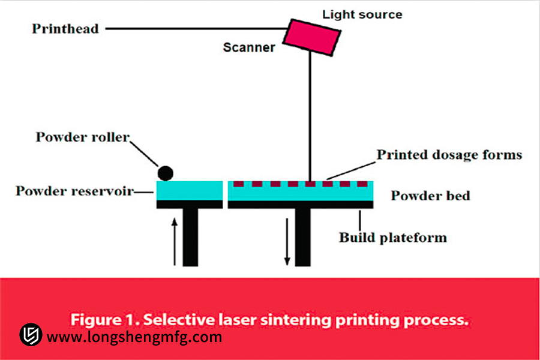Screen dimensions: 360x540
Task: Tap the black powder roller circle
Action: click(165, 173)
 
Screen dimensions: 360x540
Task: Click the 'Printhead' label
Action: click(65, 28)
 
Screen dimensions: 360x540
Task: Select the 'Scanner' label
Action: click(249, 47)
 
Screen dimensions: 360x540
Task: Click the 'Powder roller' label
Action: click(82, 137)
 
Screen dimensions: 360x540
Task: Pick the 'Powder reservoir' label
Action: click(74, 191)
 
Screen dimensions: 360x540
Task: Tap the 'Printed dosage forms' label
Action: click(449, 155)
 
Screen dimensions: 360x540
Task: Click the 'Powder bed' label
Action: click(430, 196)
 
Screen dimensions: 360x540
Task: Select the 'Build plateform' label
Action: click(393, 237)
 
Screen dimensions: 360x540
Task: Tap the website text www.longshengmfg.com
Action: click(134, 337)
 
